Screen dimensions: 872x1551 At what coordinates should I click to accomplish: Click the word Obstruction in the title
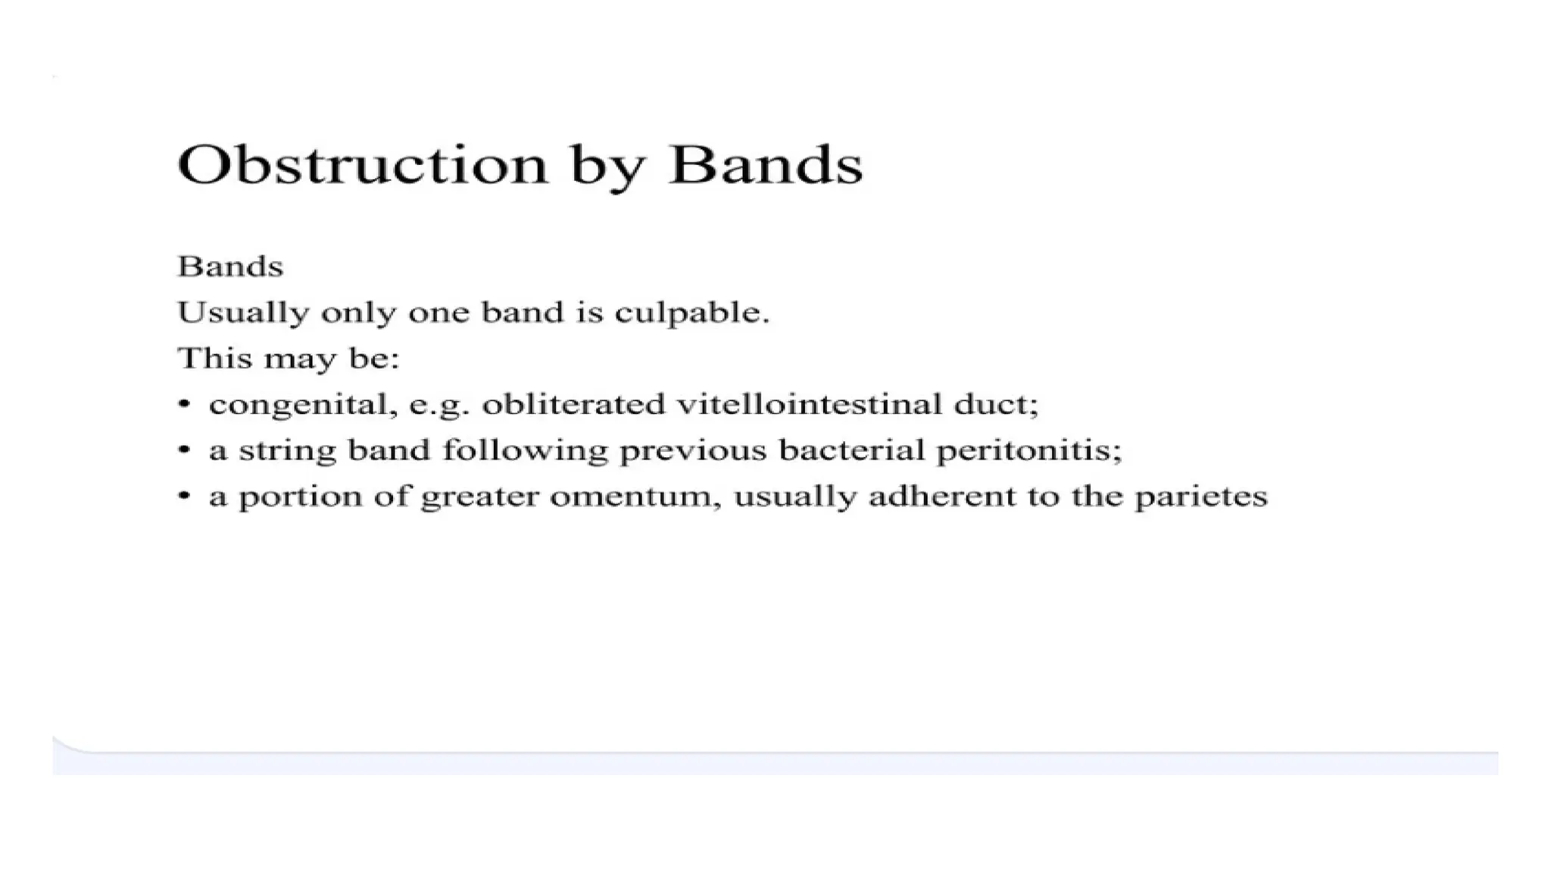(x=362, y=164)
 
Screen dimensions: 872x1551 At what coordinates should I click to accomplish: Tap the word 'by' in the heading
(x=607, y=168)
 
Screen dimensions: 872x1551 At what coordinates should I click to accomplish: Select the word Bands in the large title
(x=766, y=164)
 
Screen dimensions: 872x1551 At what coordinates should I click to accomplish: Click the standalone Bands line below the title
(x=230, y=266)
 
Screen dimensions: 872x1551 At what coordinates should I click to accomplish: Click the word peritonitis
(x=1028, y=451)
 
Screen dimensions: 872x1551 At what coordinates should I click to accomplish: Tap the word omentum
(x=635, y=497)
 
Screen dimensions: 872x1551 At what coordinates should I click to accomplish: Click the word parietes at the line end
(x=1200, y=497)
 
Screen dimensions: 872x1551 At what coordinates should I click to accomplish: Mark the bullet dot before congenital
(x=183, y=404)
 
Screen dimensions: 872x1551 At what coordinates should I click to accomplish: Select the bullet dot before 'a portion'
(x=183, y=497)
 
